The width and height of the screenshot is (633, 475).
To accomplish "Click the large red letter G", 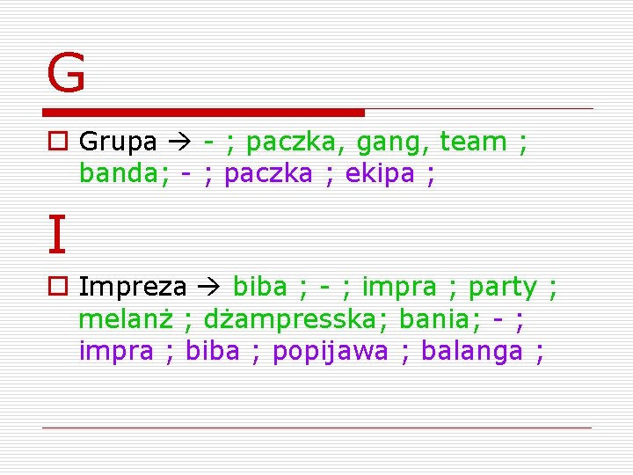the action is (67, 73).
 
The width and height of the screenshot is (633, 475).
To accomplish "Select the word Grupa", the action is (118, 142).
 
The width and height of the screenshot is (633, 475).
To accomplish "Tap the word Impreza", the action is (133, 287).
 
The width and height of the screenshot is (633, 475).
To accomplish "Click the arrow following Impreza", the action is (208, 287).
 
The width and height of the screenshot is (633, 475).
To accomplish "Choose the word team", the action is (473, 142).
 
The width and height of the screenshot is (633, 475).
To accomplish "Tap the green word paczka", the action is (288, 142).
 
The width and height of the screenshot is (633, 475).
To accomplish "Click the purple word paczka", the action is (268, 173).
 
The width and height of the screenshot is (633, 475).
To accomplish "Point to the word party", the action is (502, 287).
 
